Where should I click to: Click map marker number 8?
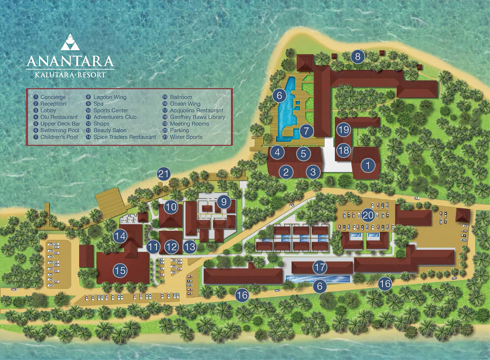358,56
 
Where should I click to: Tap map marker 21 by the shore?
164,174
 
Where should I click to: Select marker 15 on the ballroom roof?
120,271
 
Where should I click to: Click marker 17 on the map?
320,267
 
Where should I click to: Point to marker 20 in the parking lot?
368,215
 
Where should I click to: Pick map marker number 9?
224,202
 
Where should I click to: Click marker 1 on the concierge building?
368,165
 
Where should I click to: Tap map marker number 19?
343,130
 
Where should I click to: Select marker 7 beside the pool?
306,131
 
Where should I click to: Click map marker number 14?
120,236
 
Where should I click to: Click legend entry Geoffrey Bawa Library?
197,117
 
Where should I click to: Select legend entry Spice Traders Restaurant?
124,137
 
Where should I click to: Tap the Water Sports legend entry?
186,137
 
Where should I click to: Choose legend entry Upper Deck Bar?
60,124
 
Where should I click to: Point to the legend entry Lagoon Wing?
110,97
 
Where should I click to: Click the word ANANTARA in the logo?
70,61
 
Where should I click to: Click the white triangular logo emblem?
70,43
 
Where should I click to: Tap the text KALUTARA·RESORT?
70,75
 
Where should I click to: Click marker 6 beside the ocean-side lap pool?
320,286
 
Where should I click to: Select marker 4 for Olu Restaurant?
277,152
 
